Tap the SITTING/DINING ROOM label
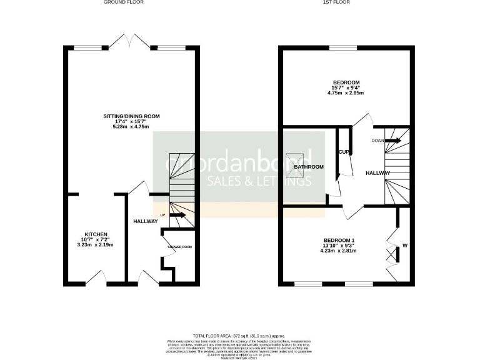point(132,116)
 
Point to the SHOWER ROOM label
point(179,247)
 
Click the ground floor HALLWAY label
point(145,221)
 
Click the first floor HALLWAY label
point(377,174)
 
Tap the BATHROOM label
point(309,167)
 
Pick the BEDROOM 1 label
point(339,240)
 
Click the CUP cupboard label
point(343,152)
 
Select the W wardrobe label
point(404,245)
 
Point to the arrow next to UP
point(177,215)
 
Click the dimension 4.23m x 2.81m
point(338,251)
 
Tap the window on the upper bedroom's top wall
point(339,48)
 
